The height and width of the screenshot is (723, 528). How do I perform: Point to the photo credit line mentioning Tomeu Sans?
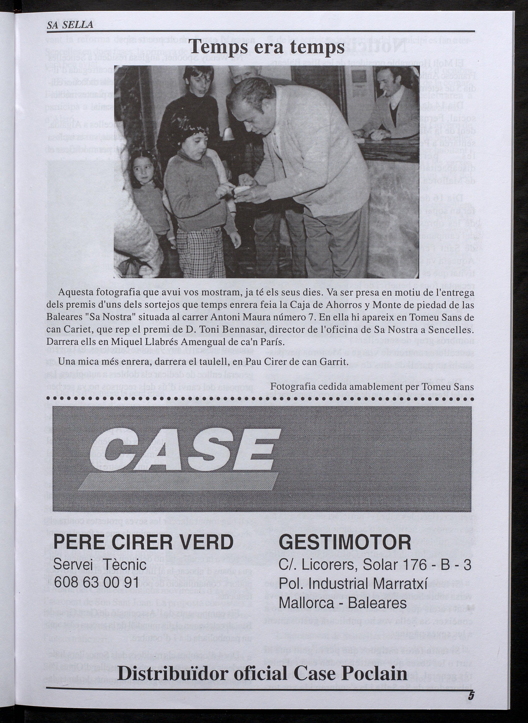point(372,387)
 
